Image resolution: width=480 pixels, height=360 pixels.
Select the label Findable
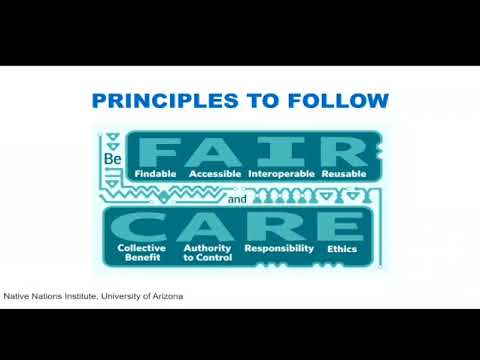pos(155,173)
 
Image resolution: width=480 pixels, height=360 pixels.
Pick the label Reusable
pos(344,173)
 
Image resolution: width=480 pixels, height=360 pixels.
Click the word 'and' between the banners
pos(236,199)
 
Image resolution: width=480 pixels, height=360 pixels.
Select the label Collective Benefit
pos(142,252)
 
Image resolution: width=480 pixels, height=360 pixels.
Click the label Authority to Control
pos(207,252)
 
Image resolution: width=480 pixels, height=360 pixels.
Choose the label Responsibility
pos(279,247)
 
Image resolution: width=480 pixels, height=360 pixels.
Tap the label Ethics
pos(341,247)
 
